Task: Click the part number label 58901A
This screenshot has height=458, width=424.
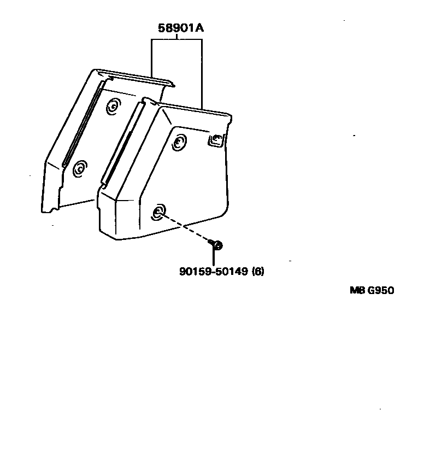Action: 181,28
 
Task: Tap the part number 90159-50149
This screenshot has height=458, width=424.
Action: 214,271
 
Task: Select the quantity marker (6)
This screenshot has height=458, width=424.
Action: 257,271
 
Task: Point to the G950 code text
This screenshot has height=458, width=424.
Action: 380,290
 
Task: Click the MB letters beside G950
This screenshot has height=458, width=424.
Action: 357,290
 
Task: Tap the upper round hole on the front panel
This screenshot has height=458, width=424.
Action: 179,144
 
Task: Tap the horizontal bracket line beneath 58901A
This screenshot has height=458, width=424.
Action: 176,40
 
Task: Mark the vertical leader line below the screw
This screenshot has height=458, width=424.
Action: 214,257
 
